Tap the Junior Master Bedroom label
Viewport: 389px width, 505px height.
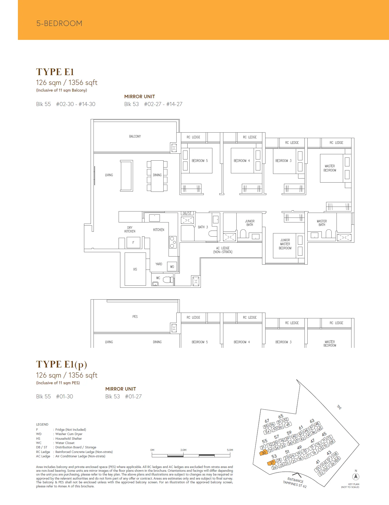[285, 244]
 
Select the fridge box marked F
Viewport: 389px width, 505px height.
[133, 242]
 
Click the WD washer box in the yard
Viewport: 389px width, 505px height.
[172, 267]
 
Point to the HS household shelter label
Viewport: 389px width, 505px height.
[135, 269]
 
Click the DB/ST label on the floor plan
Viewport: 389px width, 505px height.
[187, 213]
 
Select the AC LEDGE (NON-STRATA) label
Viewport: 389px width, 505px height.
[223, 250]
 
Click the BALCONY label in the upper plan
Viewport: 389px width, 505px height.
[135, 136]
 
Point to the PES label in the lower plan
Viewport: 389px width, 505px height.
[135, 317]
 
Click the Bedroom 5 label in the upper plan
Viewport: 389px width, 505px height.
[199, 161]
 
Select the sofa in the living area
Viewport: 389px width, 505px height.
[127, 176]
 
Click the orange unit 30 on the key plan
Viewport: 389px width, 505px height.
[263, 453]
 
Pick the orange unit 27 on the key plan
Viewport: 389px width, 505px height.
[272, 463]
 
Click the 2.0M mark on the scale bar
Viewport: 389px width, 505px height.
[183, 450]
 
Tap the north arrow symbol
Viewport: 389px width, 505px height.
[356, 476]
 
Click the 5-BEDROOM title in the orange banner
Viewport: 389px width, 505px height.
[59, 23]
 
